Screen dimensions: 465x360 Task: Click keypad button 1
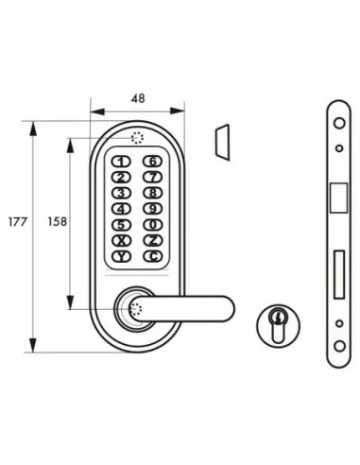click(122, 162)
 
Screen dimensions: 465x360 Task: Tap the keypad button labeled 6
click(152, 162)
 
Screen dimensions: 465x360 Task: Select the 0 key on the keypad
click(152, 225)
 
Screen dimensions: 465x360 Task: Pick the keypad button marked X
click(122, 240)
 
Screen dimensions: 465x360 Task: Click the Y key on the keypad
click(122, 256)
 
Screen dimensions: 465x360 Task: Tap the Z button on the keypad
click(152, 240)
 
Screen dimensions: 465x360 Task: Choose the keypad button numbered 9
click(152, 209)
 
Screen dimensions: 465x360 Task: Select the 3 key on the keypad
click(122, 193)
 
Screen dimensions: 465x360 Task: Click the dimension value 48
click(137, 96)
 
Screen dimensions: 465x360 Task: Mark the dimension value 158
click(57, 225)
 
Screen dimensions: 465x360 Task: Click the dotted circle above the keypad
click(137, 138)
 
